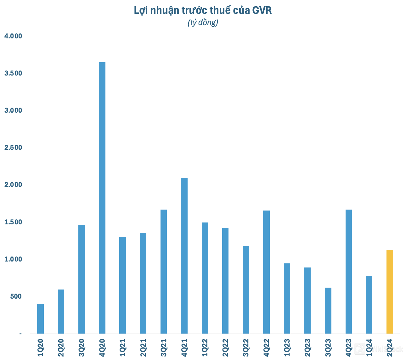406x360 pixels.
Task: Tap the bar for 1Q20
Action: coord(40,318)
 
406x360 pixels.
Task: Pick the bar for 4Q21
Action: coord(184,256)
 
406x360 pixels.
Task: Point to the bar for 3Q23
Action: coord(328,310)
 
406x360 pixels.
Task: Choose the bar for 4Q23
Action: coord(348,271)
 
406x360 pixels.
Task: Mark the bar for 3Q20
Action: coord(82,279)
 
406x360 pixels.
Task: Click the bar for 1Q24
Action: coord(369,305)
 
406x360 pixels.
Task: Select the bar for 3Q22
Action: coord(246,290)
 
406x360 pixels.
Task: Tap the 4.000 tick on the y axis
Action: coord(13,36)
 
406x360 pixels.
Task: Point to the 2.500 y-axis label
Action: coord(13,148)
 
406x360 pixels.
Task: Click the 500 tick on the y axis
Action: coord(16,296)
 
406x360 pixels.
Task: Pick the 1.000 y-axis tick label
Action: coord(13,259)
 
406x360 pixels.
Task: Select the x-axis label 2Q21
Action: coord(143,347)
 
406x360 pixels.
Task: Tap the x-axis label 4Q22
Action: coord(266,347)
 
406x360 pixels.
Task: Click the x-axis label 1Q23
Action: coord(287,347)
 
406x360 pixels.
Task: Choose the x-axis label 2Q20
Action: coord(61,347)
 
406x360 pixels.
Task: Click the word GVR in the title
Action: coord(262,10)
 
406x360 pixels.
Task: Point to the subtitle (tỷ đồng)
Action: coord(203,23)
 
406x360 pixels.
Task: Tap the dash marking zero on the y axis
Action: coord(20,334)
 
